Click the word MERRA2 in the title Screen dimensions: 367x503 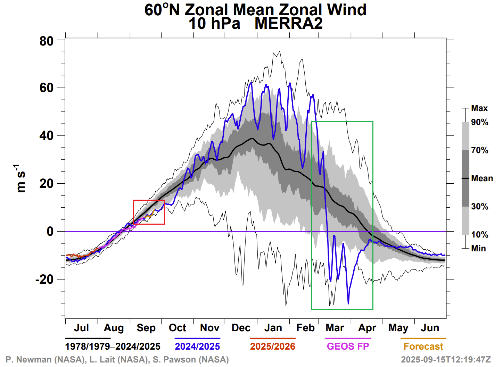click(288, 24)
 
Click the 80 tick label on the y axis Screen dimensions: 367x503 click(47, 41)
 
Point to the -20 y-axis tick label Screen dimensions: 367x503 click(45, 279)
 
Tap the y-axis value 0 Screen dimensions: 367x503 click(50, 231)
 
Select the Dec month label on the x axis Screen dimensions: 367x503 click(241, 328)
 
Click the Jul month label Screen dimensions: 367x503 click(81, 328)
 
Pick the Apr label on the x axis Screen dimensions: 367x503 click(367, 328)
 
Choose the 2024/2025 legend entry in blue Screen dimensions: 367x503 click(197, 347)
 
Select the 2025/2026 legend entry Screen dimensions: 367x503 click(273, 347)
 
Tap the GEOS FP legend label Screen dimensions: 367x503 click(348, 347)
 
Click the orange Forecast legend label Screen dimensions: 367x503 click(423, 347)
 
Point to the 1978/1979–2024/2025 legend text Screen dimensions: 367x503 click(113, 347)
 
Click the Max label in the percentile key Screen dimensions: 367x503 click(479, 108)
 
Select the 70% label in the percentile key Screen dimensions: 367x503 click(480, 150)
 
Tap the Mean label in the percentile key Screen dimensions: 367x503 click(482, 178)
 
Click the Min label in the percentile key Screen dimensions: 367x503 click(478, 248)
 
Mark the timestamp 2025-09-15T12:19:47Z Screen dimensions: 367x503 click(446, 359)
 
